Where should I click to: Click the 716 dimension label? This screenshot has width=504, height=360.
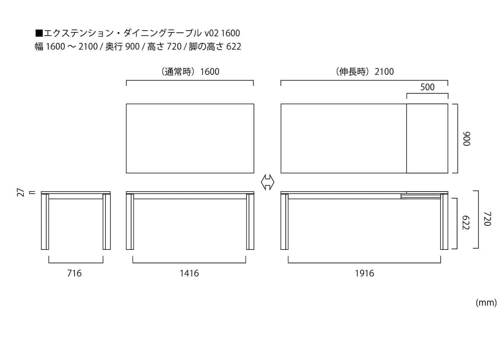(x=74, y=273)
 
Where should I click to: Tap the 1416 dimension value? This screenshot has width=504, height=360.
(x=189, y=273)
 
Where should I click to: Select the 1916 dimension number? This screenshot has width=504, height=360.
(x=364, y=273)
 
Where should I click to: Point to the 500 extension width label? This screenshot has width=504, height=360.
(x=427, y=87)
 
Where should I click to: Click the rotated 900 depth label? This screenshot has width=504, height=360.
(x=467, y=139)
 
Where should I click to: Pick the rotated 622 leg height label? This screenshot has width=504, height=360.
(x=466, y=223)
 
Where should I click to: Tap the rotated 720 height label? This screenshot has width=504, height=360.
(x=487, y=219)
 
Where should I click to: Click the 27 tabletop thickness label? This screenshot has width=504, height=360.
(x=21, y=193)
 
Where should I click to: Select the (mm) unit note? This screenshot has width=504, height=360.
(x=486, y=303)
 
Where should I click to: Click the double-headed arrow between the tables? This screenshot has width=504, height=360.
(x=267, y=182)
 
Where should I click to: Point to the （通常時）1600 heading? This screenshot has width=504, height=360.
(x=190, y=72)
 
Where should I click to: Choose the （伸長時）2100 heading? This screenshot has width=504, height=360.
(x=364, y=72)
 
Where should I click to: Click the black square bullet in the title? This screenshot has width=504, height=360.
(x=39, y=33)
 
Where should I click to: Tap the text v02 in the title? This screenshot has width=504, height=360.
(x=212, y=33)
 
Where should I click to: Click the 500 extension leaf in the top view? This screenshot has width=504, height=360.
(x=427, y=138)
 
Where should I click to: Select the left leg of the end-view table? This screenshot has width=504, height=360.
(x=45, y=222)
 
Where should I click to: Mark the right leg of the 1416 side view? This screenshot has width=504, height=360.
(x=250, y=222)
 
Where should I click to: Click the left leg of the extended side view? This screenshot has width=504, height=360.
(x=284, y=222)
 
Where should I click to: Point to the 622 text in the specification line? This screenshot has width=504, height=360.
(x=234, y=46)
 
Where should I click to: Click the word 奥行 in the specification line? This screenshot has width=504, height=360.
(x=114, y=46)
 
